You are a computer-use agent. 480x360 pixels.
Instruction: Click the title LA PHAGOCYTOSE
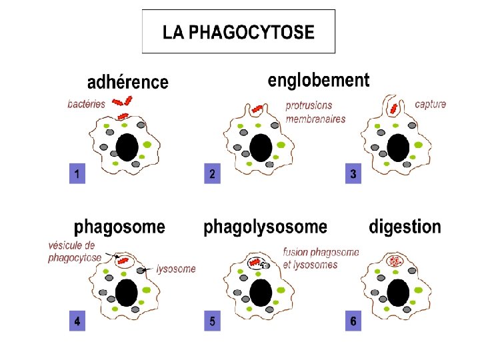tap(238, 31)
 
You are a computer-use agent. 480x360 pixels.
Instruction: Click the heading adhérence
tap(128, 82)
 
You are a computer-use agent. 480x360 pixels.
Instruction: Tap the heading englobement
tap(318, 81)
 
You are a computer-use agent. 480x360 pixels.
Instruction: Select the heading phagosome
tap(119, 227)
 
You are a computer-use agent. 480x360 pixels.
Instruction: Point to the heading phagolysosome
tap(265, 227)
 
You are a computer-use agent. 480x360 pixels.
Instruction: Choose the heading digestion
tap(405, 227)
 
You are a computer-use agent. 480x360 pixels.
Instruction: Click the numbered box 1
tap(78, 175)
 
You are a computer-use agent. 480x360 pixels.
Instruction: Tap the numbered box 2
tap(212, 175)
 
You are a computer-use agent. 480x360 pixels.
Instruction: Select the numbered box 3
tap(353, 175)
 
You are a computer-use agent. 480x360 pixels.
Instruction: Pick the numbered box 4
tap(78, 321)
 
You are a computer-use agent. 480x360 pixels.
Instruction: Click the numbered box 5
tap(212, 321)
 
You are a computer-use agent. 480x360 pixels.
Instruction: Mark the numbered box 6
tap(353, 321)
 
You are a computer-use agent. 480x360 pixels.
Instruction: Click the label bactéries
tap(87, 103)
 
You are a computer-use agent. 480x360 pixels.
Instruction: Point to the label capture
tap(430, 104)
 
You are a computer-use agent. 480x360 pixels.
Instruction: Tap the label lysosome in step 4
tap(176, 269)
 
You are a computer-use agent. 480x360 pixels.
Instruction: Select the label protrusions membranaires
tap(315, 112)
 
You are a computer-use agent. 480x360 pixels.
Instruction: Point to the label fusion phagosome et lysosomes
tap(320, 258)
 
